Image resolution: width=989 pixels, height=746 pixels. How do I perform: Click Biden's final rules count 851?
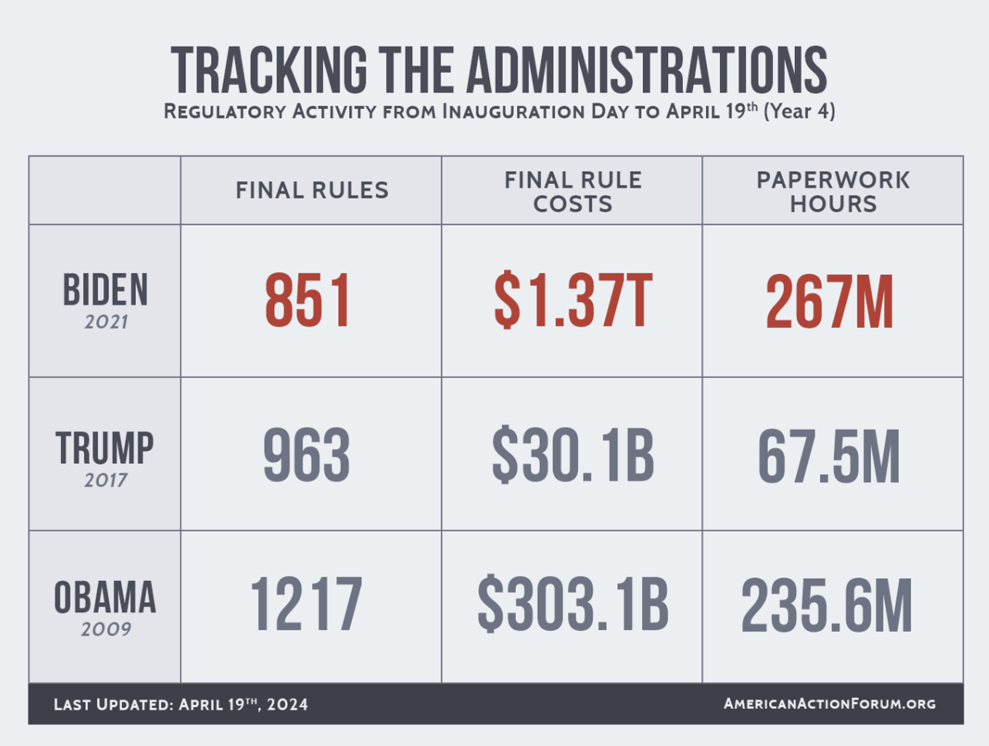click(308, 300)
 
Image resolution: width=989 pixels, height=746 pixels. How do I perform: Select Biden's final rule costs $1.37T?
click(572, 300)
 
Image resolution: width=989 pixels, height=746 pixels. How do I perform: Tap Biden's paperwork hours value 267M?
click(829, 302)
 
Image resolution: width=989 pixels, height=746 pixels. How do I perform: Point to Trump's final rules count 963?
click(307, 456)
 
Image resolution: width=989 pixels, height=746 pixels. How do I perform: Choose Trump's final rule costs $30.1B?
click(572, 456)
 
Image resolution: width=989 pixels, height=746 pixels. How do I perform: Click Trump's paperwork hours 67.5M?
click(829, 457)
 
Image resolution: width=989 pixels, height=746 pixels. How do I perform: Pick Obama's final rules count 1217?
click(306, 605)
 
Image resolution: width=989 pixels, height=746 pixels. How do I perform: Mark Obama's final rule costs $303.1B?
click(572, 605)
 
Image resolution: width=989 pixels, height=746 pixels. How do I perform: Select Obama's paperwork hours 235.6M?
click(827, 606)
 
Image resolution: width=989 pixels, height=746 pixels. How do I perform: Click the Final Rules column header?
click(312, 190)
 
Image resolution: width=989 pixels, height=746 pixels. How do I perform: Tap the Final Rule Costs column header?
click(573, 192)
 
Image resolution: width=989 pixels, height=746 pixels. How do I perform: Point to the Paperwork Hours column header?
click(833, 192)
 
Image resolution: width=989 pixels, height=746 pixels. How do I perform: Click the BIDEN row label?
click(105, 291)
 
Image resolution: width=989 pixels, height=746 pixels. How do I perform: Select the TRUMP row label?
click(105, 448)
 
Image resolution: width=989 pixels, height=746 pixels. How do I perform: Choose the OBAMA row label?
click(105, 598)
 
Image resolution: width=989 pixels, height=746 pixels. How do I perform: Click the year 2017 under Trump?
click(105, 480)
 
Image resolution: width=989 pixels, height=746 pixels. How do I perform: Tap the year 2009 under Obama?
click(106, 629)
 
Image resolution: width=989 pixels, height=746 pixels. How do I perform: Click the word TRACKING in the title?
click(269, 71)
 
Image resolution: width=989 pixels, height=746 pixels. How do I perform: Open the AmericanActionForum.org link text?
click(830, 704)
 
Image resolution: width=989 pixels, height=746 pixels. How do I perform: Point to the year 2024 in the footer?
click(287, 705)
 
